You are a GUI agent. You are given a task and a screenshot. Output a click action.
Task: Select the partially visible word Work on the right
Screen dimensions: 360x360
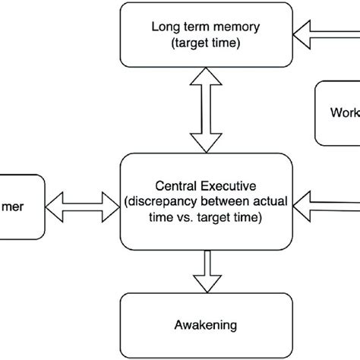(x=344, y=113)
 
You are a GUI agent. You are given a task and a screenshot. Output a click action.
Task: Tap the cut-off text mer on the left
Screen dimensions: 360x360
(x=22, y=204)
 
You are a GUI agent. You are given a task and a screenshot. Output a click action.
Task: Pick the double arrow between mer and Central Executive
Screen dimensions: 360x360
(x=83, y=204)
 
